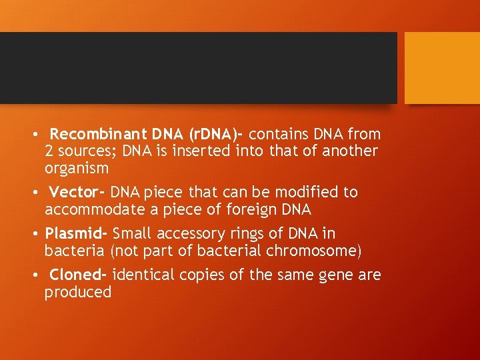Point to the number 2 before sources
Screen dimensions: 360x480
click(x=49, y=151)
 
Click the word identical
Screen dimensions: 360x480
click(x=142, y=275)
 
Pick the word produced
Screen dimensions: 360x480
click(x=78, y=293)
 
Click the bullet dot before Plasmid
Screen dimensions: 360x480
click(x=35, y=235)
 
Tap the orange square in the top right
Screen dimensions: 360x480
click(x=442, y=68)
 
